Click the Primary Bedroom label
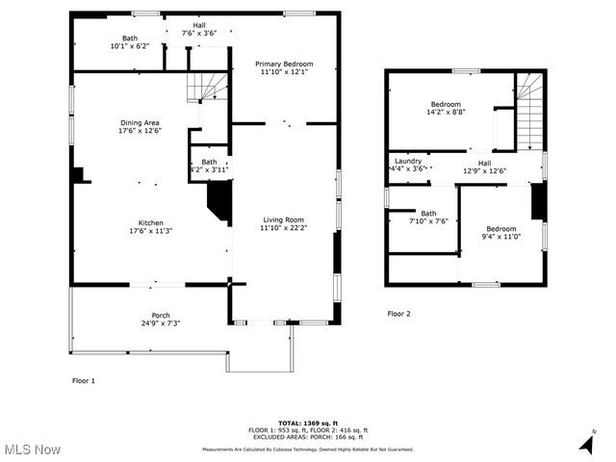[284, 64]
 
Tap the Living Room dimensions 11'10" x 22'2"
[282, 228]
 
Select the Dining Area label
[140, 122]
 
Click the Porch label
[161, 316]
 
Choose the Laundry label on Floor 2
[408, 161]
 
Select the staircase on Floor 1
[209, 86]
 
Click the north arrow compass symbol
[585, 443]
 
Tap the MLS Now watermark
[33, 449]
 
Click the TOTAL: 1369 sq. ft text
[307, 423]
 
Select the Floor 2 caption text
[398, 314]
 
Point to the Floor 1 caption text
[84, 381]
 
